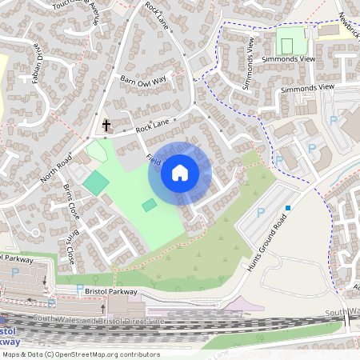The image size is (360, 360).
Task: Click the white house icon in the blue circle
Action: point(180,172)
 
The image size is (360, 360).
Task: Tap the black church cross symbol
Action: point(106,126)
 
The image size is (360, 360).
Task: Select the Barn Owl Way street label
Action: point(142,79)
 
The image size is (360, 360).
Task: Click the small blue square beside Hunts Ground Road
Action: point(288,207)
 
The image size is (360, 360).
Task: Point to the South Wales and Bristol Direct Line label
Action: point(113,321)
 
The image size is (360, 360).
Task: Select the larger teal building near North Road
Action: point(95,181)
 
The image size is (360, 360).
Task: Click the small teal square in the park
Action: point(150,206)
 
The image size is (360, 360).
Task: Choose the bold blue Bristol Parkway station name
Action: point(10,335)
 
